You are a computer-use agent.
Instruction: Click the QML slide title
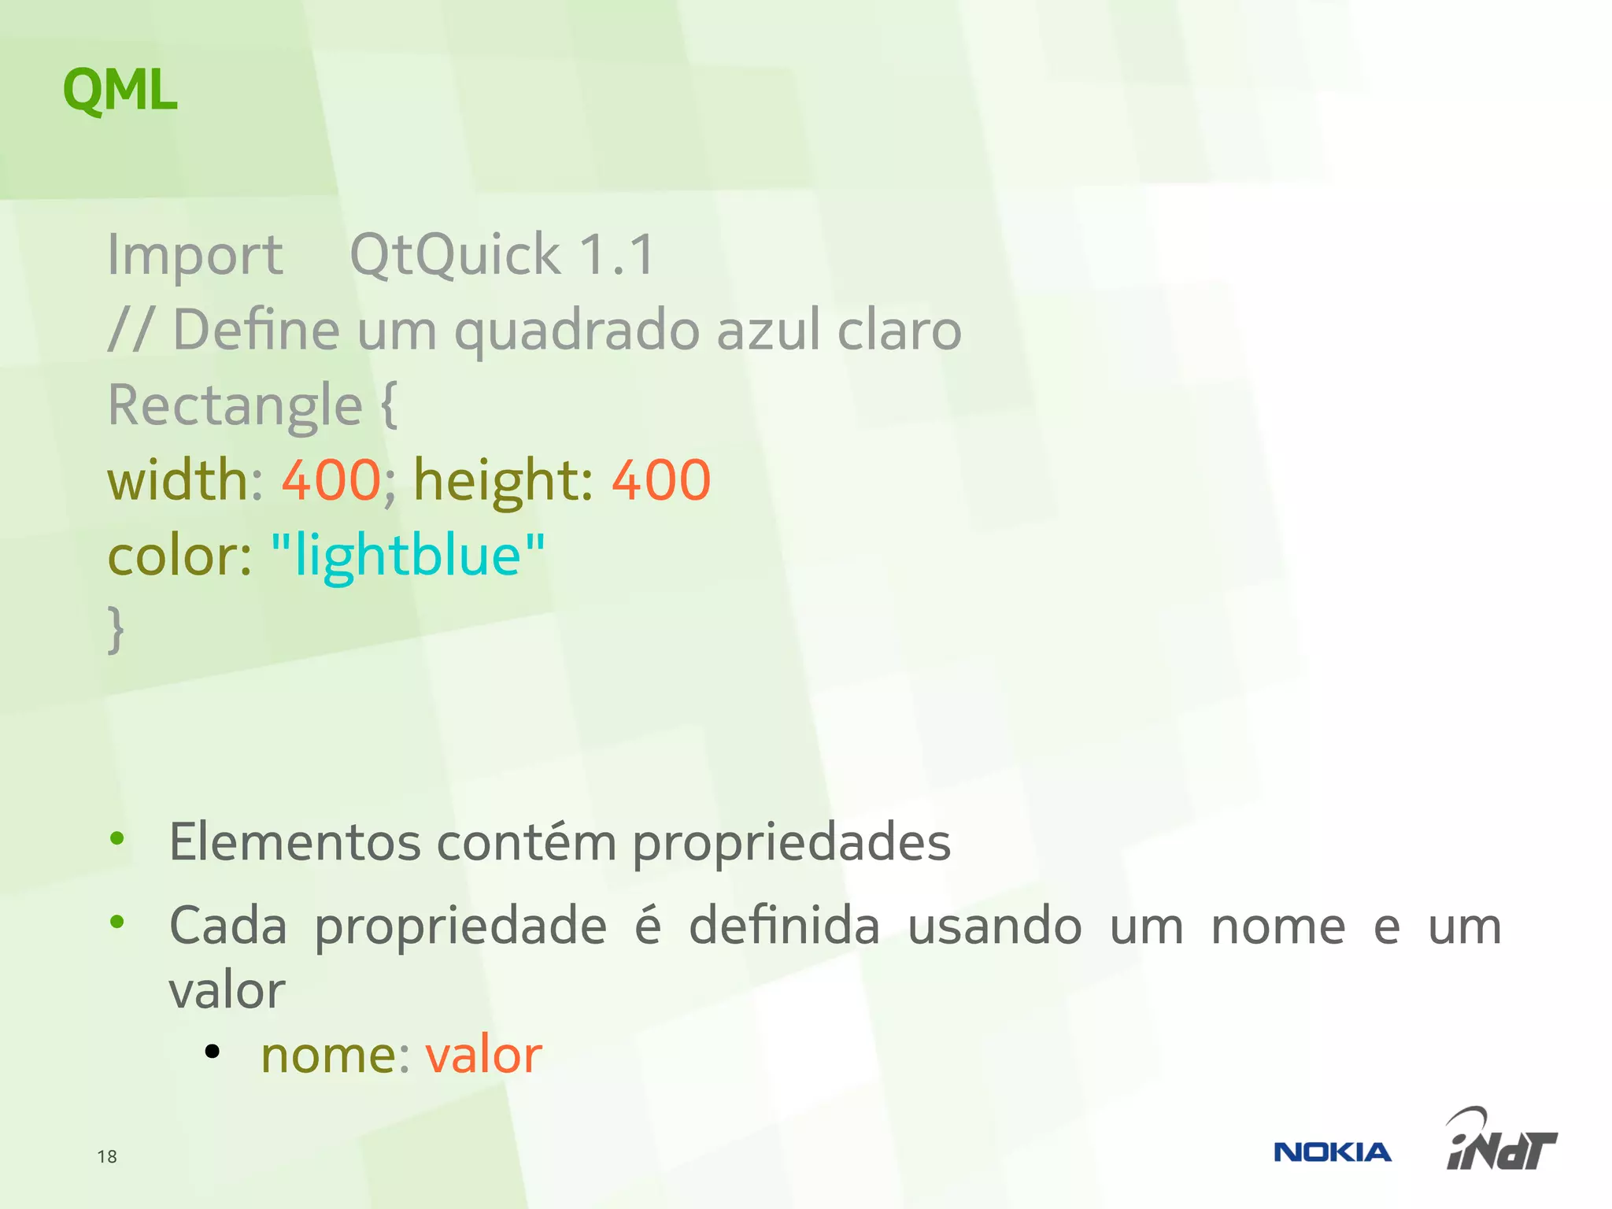pos(120,91)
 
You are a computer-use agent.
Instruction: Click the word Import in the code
pos(194,255)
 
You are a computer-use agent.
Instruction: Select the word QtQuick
pos(454,255)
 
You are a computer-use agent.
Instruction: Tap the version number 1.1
pos(616,255)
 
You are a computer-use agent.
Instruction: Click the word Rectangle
pos(235,406)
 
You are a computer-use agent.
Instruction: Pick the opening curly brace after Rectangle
pos(389,405)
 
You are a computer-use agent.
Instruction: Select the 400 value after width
pos(331,480)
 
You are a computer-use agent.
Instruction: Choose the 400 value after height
pos(661,480)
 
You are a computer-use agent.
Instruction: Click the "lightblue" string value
pos(408,556)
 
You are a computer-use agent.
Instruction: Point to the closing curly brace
pos(116,629)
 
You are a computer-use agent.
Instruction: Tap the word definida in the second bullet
pos(784,926)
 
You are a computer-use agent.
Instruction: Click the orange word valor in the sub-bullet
pos(483,1055)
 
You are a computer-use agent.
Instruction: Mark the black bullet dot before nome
pos(212,1052)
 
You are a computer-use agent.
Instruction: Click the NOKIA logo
pos(1332,1152)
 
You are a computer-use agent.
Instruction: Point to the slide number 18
pos(107,1156)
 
